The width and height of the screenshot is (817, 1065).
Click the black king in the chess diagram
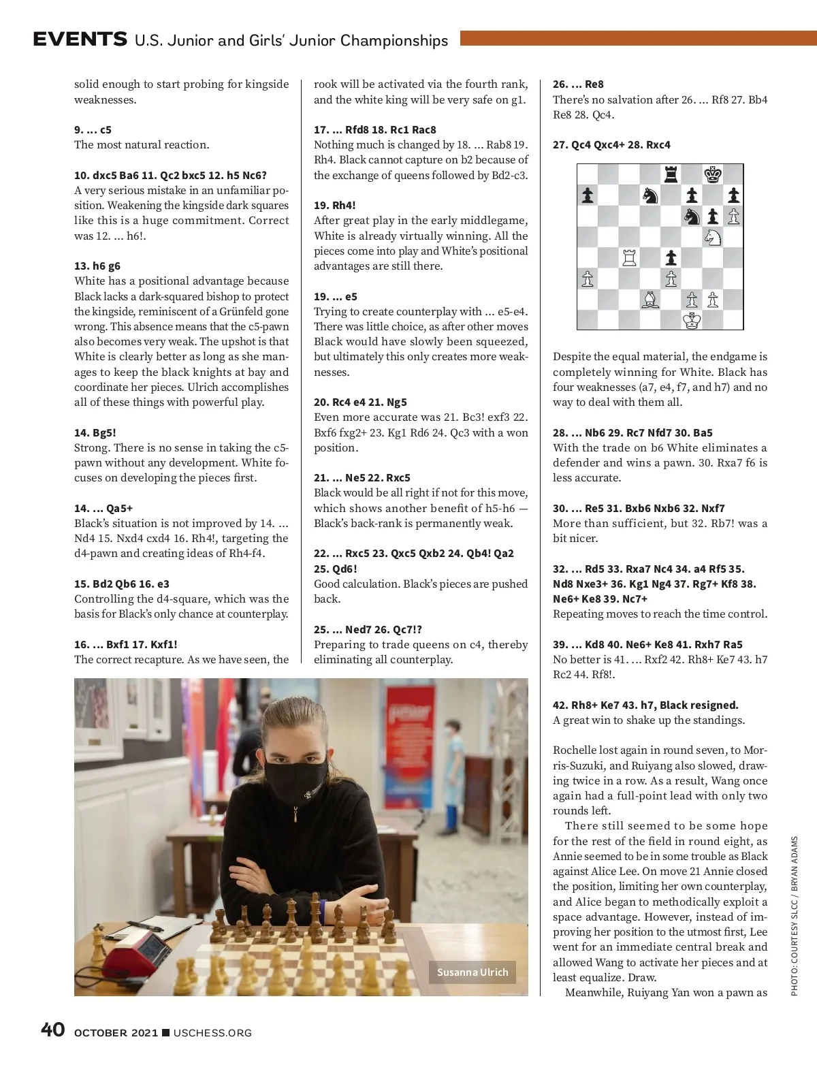(713, 174)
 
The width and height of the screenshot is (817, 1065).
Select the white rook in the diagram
(629, 258)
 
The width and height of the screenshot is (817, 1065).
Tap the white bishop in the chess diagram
(650, 300)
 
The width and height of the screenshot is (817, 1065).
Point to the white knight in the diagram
(713, 237)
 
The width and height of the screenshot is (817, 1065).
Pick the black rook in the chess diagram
(671, 174)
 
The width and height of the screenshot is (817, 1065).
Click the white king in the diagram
(692, 320)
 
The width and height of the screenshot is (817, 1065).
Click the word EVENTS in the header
(80, 39)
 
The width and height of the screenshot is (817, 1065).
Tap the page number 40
(53, 1030)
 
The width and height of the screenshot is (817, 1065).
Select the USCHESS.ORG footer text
(212, 1033)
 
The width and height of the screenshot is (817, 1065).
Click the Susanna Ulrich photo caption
(472, 972)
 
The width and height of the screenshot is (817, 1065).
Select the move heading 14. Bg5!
(95, 432)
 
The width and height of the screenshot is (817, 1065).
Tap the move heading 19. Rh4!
(334, 205)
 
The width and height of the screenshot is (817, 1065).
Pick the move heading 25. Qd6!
(335, 569)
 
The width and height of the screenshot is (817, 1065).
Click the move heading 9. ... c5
(93, 129)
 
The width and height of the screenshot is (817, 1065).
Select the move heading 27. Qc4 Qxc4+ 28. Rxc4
(611, 144)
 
